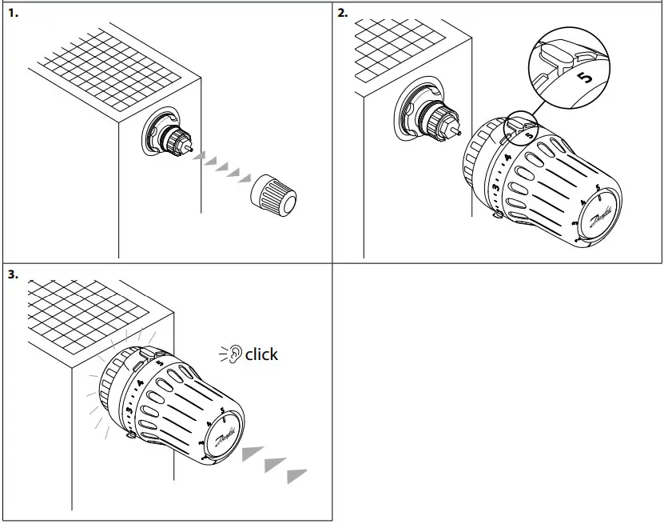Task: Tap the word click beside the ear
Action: (262, 354)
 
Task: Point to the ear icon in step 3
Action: (233, 354)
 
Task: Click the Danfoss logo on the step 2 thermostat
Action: (602, 217)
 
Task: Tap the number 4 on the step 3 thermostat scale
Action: (141, 384)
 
